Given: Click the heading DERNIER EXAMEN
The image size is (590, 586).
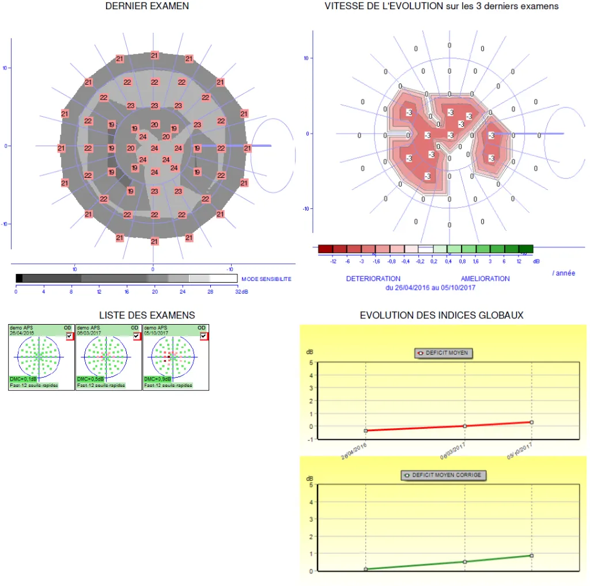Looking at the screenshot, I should [147, 6].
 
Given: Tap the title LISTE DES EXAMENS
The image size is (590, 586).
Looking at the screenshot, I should [147, 315].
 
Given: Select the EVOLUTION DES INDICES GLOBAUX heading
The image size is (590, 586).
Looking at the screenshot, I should [441, 315].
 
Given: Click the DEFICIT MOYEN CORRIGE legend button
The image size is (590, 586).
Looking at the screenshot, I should [444, 475].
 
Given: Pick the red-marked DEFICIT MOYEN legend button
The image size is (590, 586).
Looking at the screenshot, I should [443, 353].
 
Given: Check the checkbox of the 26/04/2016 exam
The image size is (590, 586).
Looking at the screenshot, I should [70, 336].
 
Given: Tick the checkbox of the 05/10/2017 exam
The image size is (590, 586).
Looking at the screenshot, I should [203, 336].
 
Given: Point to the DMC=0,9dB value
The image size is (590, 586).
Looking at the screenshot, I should [157, 379].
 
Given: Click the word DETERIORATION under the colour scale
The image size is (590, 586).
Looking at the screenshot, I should [373, 279].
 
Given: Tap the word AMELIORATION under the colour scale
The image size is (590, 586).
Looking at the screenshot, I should [485, 279].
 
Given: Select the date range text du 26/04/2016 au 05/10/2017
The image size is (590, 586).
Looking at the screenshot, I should [430, 287].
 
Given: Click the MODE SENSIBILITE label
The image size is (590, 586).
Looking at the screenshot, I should [266, 279].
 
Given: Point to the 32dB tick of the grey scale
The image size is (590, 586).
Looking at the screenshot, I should [241, 291].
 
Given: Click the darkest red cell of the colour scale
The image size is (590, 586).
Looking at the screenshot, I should [326, 249].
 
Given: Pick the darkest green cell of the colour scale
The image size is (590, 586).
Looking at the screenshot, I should [525, 249].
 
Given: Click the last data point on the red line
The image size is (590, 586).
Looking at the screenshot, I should [531, 422].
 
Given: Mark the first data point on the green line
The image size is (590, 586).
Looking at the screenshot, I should [366, 569].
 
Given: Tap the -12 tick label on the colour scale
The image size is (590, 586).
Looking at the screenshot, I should [332, 261].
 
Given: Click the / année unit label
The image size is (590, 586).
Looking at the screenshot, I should [563, 273].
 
